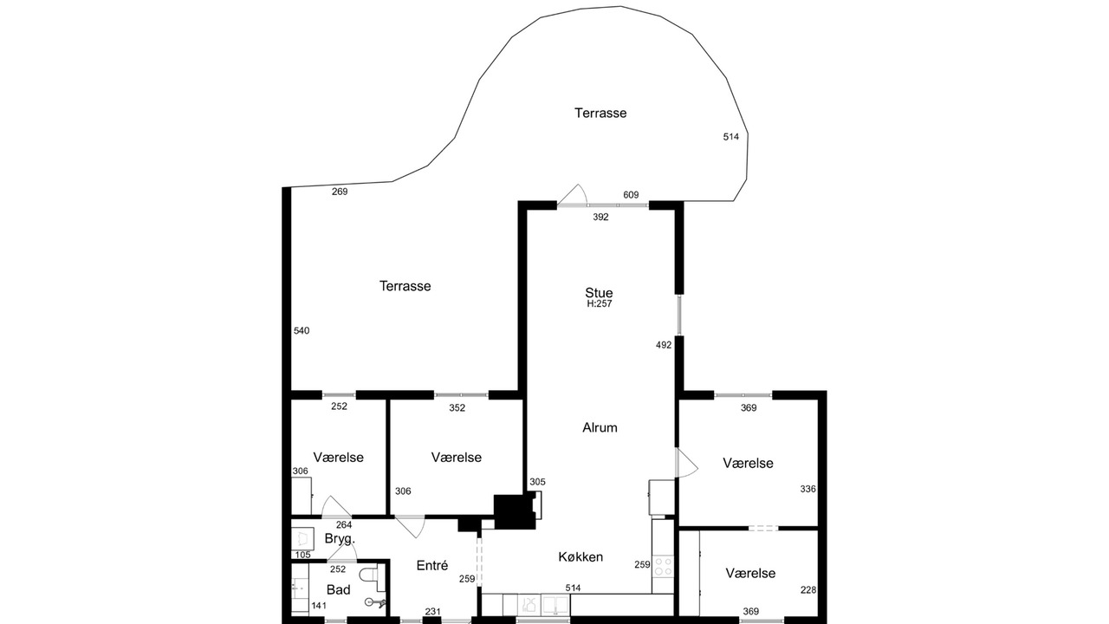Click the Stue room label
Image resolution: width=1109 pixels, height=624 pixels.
click(599, 293)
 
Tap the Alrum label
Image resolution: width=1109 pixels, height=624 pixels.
click(600, 427)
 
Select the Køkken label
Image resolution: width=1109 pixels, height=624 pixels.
click(580, 557)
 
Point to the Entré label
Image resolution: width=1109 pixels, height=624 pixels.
click(432, 566)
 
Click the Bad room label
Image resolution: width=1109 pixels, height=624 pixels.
click(339, 590)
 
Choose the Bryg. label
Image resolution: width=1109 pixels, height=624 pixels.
click(340, 539)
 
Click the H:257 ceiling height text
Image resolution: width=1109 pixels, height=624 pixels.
click(599, 304)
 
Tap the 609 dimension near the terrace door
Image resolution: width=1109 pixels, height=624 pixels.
click(631, 195)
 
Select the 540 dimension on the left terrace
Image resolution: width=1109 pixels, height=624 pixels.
click(302, 331)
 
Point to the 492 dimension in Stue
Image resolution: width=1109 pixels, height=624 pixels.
click(664, 345)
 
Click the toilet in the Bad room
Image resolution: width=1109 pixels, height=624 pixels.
click(372, 575)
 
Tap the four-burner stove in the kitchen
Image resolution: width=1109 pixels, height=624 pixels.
click(663, 566)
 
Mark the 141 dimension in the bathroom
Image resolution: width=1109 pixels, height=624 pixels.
click(319, 606)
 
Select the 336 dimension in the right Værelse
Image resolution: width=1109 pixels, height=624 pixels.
click(808, 490)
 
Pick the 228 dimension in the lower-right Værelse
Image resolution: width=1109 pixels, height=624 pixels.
click(808, 590)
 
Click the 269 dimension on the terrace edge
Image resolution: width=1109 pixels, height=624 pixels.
click(340, 192)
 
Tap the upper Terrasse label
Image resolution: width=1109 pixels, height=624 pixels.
click(600, 114)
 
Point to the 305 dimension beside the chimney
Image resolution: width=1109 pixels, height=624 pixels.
click(538, 482)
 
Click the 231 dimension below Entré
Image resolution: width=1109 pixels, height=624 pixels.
click(432, 612)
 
